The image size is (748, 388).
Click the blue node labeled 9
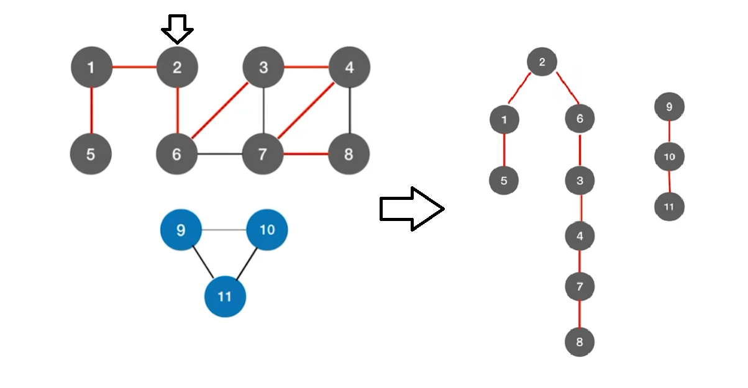coord(181,230)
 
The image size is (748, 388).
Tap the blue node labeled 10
coord(267,230)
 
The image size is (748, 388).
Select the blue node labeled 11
coord(225,297)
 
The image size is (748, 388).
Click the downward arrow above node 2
coord(177,29)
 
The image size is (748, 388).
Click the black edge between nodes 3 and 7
coord(263,111)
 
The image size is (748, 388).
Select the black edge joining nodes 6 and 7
coord(219,153)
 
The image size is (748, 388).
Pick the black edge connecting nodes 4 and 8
coord(350,111)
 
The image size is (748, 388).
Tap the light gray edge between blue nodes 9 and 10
coord(224,230)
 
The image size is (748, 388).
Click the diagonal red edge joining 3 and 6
coord(220,111)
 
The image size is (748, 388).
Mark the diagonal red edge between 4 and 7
coord(306,111)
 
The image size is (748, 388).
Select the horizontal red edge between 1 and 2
coord(134,66)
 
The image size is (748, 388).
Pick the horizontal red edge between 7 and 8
coord(306,153)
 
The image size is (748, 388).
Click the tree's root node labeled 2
coord(542,62)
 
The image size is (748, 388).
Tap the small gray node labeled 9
coord(669,107)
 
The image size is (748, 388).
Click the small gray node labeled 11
coord(669,207)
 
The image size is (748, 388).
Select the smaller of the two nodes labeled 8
coord(580,341)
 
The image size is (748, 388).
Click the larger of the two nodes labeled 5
coord(91,153)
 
